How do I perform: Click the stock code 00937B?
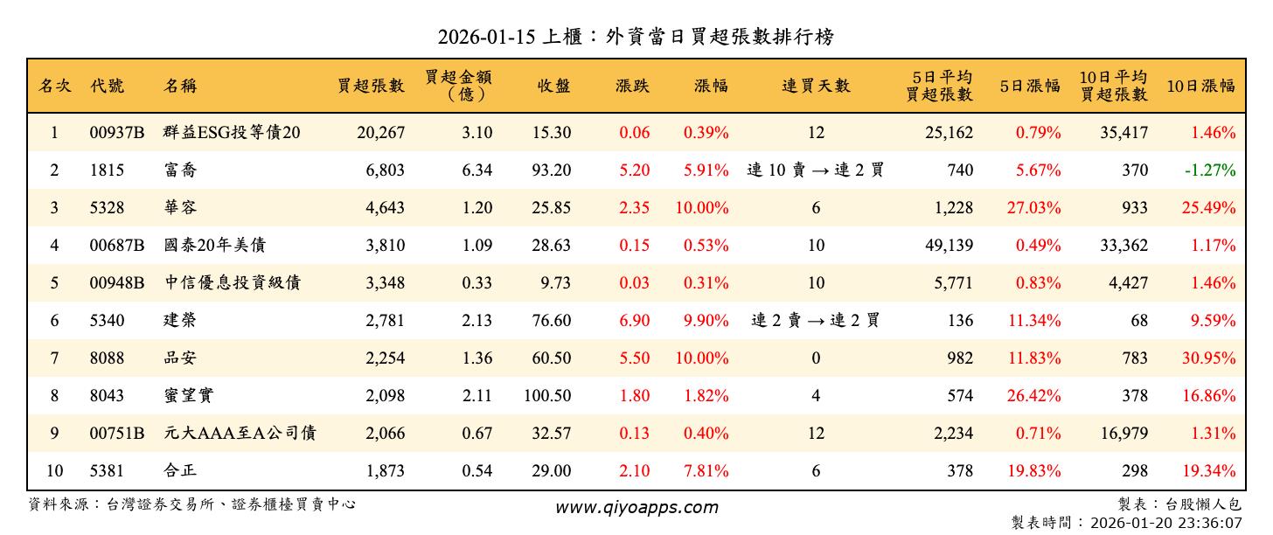pos(116,133)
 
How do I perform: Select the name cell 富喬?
pos(180,170)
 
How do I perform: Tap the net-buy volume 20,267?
pos(380,133)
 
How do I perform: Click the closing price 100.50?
pos(547,396)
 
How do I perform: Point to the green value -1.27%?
pos(1210,170)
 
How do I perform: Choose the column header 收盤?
pos(554,86)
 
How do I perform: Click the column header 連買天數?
pos(816,86)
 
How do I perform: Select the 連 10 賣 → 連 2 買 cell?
pos(816,170)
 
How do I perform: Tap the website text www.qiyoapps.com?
pos(636,507)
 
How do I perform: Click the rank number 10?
pos(54,471)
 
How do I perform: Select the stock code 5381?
pos(108,471)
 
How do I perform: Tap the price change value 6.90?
pos(634,321)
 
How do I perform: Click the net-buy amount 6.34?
pos(477,170)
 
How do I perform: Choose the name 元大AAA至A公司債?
pos(240,434)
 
